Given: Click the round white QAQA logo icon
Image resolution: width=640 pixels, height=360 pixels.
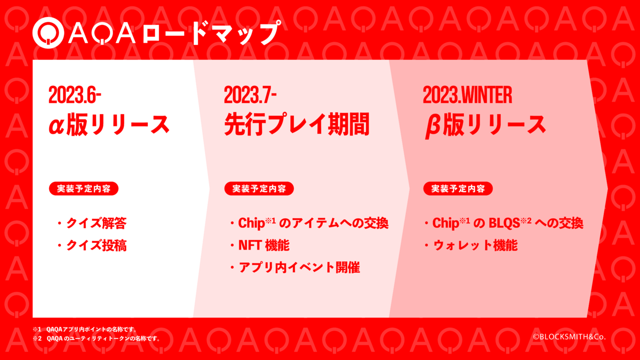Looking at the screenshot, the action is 48,33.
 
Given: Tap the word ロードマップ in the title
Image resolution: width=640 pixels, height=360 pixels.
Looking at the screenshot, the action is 211,33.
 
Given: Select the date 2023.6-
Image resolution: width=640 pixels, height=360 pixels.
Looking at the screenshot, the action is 75,95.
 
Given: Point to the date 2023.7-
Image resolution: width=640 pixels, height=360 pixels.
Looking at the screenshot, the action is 250,95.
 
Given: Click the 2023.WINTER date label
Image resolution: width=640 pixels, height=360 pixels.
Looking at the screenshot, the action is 467,95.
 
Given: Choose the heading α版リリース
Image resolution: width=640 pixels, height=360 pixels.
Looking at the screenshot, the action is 109,124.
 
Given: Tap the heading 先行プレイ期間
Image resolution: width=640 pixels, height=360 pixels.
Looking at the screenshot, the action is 297,124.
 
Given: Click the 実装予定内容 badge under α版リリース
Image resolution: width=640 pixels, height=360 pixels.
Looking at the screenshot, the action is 84,189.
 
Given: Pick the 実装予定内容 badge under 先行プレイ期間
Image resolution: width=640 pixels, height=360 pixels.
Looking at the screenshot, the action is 259,189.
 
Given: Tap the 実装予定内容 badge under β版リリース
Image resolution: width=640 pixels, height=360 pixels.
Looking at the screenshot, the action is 458,189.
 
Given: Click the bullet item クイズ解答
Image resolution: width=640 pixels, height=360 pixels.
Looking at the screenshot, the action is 92,223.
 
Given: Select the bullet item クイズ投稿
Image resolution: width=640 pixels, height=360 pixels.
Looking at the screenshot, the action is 92,245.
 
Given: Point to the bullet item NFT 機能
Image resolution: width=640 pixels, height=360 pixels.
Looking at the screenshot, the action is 260,245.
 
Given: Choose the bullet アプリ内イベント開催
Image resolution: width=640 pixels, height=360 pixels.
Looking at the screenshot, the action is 295,267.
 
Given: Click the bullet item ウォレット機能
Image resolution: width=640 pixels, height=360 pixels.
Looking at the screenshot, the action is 471,245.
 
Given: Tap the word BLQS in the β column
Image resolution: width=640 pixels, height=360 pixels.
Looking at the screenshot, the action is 504,223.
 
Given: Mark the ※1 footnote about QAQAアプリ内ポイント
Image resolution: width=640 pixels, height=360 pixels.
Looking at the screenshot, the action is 85,330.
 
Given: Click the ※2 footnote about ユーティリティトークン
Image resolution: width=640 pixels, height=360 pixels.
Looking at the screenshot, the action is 97,339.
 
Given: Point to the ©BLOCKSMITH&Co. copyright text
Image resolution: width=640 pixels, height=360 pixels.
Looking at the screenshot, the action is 569,337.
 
